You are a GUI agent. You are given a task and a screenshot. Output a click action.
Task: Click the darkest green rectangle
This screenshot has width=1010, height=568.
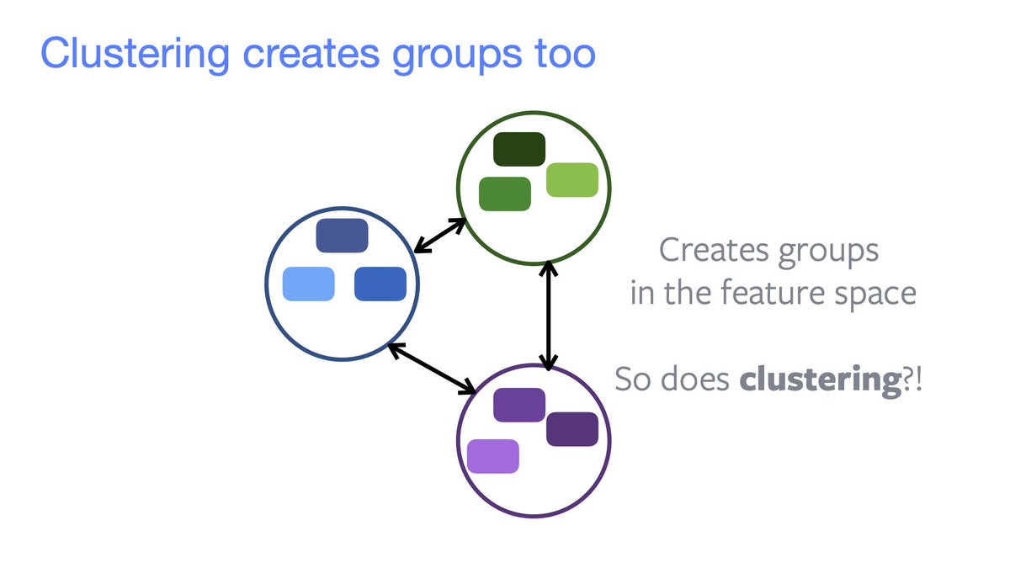(519, 149)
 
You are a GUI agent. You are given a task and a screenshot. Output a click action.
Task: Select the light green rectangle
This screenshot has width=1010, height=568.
(572, 180)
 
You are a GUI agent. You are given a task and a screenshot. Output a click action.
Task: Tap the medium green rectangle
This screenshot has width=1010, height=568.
(505, 194)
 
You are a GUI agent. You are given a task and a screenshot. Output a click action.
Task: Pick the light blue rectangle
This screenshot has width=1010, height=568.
(308, 284)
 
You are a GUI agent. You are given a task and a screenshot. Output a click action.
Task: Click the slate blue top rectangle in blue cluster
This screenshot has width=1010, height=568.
(342, 236)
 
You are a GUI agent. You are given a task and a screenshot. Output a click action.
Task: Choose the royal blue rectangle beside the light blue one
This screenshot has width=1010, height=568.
(380, 284)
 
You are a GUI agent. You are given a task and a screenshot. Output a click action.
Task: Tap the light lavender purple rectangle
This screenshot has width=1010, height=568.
(493, 456)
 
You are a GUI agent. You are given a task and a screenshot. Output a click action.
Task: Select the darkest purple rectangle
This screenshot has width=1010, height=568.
(572, 429)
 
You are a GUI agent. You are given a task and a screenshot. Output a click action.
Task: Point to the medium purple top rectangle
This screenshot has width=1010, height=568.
(519, 405)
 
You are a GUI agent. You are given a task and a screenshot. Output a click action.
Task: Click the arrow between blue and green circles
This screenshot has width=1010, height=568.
(440, 236)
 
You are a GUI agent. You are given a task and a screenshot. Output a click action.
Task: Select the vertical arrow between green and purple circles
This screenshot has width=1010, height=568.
(549, 316)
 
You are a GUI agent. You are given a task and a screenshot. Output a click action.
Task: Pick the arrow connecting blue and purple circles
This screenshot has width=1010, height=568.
(432, 369)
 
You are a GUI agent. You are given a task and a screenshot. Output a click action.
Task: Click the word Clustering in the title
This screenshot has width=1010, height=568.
(134, 54)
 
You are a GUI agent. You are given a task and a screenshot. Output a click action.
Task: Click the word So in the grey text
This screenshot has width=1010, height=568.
(633, 380)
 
